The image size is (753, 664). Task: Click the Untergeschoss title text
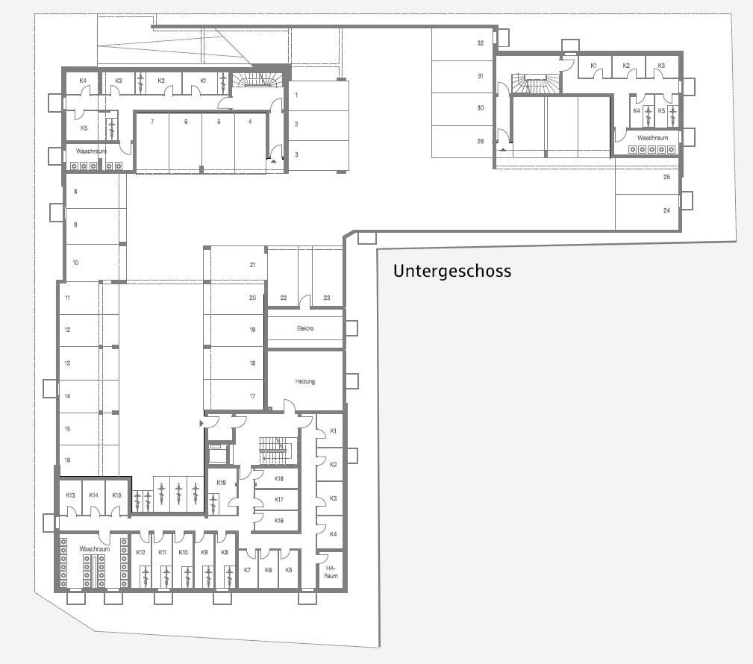[x=452, y=271]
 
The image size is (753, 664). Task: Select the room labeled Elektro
[x=305, y=328]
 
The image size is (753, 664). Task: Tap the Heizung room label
[x=305, y=381]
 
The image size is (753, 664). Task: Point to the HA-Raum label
[x=331, y=571]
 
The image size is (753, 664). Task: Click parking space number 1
[x=296, y=95]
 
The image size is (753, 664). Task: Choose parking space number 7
[x=152, y=121]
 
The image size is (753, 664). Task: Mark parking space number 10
[x=75, y=263]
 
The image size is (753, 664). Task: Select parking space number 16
[x=67, y=460]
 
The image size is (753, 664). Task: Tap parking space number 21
[x=253, y=265]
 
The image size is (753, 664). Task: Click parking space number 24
[x=666, y=210]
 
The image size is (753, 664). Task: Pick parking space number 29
[x=481, y=141]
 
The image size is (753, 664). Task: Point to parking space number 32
[x=481, y=43]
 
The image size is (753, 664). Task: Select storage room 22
[x=283, y=298]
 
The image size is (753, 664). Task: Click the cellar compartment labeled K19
[x=221, y=483]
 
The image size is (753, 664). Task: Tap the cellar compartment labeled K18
[x=278, y=478]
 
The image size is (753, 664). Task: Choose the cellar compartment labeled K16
[x=278, y=520]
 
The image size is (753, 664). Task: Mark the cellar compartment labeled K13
[x=70, y=495]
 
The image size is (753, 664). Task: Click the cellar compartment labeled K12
[x=140, y=552]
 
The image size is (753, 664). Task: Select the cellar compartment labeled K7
[x=248, y=570]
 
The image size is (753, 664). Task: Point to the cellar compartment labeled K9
[x=204, y=552]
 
